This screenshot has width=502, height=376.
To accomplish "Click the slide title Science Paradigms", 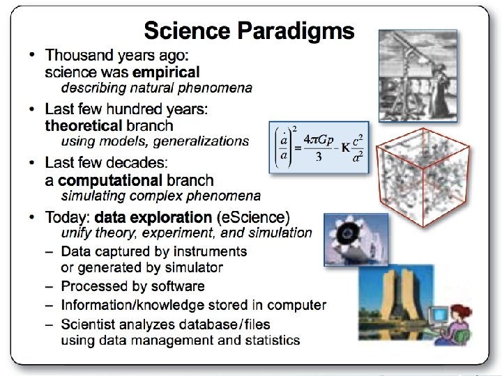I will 249,31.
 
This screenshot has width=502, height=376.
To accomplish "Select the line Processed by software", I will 132,286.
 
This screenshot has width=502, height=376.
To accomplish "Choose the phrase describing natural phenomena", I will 157,88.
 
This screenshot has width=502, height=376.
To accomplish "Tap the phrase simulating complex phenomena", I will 161,196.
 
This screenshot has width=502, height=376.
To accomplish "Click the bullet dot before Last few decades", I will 33,163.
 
